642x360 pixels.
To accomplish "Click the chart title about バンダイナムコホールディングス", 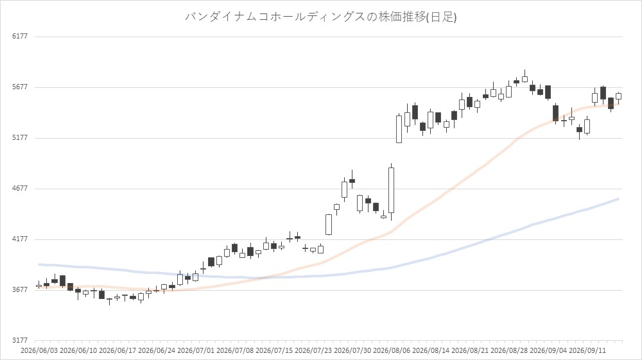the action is click(320, 17).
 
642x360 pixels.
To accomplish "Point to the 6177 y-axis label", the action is click(20, 36).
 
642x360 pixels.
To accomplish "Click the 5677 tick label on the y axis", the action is click(20, 87).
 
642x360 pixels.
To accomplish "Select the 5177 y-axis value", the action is click(20, 137).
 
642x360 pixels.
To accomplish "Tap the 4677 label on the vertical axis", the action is click(20, 188).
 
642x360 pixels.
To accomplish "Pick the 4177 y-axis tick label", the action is click(20, 239).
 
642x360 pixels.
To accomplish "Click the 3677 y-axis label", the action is click(20, 289).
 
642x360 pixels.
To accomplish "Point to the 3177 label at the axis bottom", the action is click(20, 340).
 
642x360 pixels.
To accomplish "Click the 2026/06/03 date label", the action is click(39, 350).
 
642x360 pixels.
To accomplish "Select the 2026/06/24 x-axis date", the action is click(157, 350).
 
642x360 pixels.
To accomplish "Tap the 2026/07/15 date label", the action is click(274, 350).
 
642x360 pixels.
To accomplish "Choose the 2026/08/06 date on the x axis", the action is click(392, 350).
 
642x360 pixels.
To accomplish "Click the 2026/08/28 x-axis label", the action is click(509, 350).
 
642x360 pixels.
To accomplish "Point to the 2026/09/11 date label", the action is click(587, 350).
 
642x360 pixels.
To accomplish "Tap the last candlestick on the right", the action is click(618, 96).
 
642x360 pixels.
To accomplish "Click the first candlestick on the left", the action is click(39, 286).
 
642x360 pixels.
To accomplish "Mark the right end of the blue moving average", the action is click(618, 199).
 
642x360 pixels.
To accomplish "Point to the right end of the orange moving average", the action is click(618, 104).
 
